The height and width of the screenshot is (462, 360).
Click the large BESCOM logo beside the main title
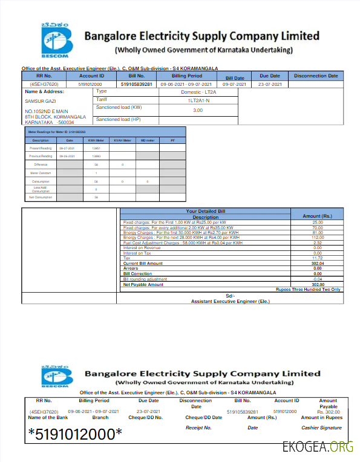click(x=56, y=40)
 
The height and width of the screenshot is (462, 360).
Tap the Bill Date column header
click(x=235, y=78)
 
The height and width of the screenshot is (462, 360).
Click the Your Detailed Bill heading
click(x=205, y=211)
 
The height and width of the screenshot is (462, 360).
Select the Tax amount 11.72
click(x=317, y=258)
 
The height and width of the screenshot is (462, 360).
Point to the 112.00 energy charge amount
click(x=317, y=238)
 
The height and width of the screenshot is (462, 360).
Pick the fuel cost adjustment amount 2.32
click(x=317, y=243)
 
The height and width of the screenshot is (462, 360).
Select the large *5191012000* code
click(x=75, y=434)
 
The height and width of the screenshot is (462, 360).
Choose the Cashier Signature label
click(x=321, y=428)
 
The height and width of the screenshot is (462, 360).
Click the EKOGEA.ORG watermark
click(x=317, y=447)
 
